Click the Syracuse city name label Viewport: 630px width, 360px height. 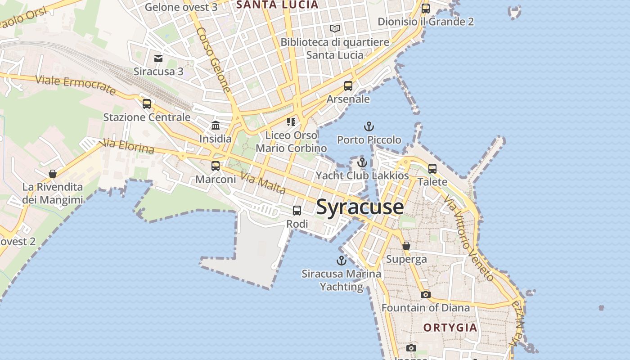(x=360, y=207)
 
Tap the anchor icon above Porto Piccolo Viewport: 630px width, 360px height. (x=369, y=126)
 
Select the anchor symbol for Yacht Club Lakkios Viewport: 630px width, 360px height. (x=362, y=162)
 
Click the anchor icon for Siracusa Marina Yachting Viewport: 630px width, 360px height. (x=342, y=261)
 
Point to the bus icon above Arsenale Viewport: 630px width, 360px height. (x=348, y=85)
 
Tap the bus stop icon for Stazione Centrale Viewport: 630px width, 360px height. (x=147, y=104)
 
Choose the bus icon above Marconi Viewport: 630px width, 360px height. (x=216, y=166)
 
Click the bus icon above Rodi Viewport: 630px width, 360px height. (x=297, y=210)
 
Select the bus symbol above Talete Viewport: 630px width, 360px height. (x=432, y=169)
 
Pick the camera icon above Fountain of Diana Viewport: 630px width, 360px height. (x=425, y=294)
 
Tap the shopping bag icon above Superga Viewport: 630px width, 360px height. (x=406, y=246)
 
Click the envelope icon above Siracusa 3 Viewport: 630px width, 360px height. (x=158, y=58)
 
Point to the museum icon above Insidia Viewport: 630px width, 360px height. (x=216, y=126)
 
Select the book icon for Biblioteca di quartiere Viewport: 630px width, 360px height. (x=335, y=29)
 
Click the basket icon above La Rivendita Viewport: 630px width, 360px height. (x=53, y=174)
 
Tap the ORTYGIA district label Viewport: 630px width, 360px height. (x=450, y=327)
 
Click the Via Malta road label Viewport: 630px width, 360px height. (x=263, y=183)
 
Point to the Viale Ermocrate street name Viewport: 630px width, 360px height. (x=75, y=85)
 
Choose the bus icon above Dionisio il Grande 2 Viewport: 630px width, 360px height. (x=426, y=8)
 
